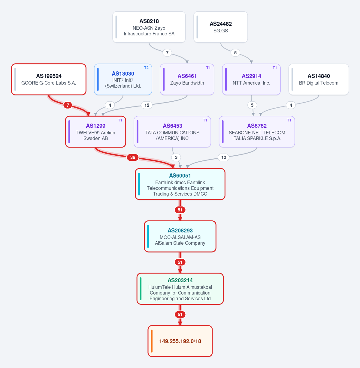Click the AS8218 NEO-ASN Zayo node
(x=149, y=27)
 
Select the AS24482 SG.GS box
(x=220, y=27)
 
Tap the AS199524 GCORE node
(x=49, y=79)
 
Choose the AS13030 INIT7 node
(x=123, y=79)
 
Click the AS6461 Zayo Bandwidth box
(x=187, y=79)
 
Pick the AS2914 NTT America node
(x=251, y=79)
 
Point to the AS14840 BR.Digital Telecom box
(x=319, y=79)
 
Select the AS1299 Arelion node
(x=95, y=132)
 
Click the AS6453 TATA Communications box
(x=172, y=132)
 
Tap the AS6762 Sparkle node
(x=257, y=132)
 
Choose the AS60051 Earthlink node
(x=180, y=184)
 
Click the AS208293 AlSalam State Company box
(x=180, y=237)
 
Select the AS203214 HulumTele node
(x=180, y=289)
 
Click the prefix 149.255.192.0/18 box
(x=180, y=341)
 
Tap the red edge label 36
(x=133, y=157)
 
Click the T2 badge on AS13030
(x=146, y=68)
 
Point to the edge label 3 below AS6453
(x=176, y=157)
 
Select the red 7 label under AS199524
(x=68, y=105)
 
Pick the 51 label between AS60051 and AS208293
(x=180, y=210)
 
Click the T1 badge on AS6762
(x=289, y=120)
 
